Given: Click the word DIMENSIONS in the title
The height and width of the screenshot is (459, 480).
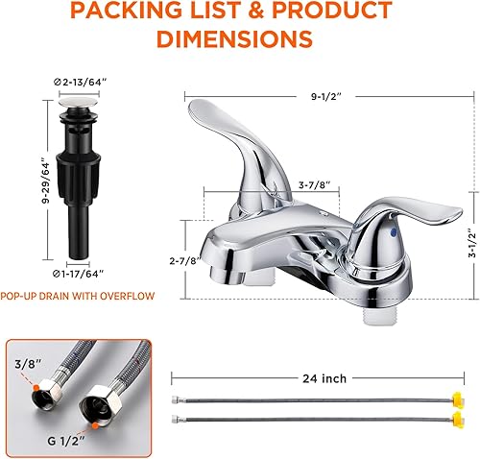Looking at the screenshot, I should tap(236, 39).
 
